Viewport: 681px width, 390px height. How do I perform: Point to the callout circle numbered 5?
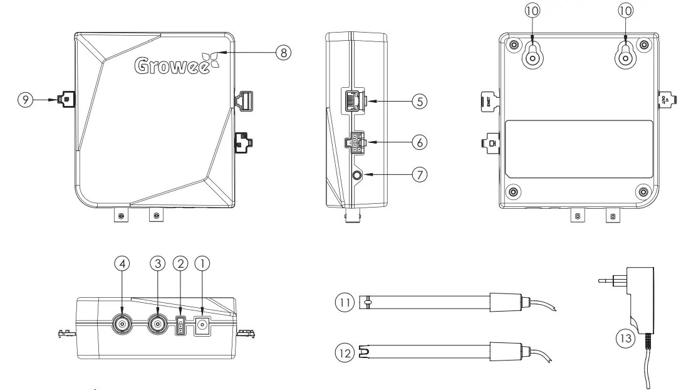419,100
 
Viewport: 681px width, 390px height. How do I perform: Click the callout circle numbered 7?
419,175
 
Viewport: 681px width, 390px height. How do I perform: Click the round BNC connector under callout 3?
157,324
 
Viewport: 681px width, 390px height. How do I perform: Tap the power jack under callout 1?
202,325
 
